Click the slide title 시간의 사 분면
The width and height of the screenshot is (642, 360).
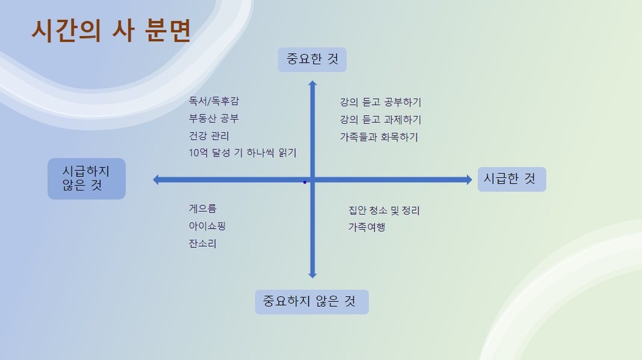[111, 30]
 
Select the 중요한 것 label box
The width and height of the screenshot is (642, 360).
[312, 59]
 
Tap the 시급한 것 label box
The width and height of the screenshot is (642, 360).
[512, 179]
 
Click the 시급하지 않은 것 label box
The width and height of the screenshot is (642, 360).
[86, 179]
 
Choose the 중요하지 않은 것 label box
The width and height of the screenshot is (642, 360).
[312, 302]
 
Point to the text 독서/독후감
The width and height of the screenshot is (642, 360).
[214, 101]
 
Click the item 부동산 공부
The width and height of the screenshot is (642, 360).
[214, 119]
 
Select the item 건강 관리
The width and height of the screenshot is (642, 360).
[209, 136]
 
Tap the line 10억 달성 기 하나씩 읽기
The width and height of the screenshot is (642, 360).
[242, 153]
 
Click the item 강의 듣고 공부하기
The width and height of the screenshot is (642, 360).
[381, 102]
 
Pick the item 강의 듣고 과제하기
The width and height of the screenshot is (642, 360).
[381, 120]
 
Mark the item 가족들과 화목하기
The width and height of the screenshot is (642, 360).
[379, 137]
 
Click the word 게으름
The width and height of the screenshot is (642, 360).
[203, 209]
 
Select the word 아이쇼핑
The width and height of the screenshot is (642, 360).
[207, 227]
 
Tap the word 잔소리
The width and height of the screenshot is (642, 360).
[203, 244]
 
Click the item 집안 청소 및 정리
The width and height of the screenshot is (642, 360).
[384, 211]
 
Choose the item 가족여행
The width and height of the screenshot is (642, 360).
[367, 228]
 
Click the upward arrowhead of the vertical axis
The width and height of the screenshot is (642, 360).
[312, 83]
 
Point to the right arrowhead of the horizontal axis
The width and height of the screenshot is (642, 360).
[469, 180]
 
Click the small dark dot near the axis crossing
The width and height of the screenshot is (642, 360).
[305, 182]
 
